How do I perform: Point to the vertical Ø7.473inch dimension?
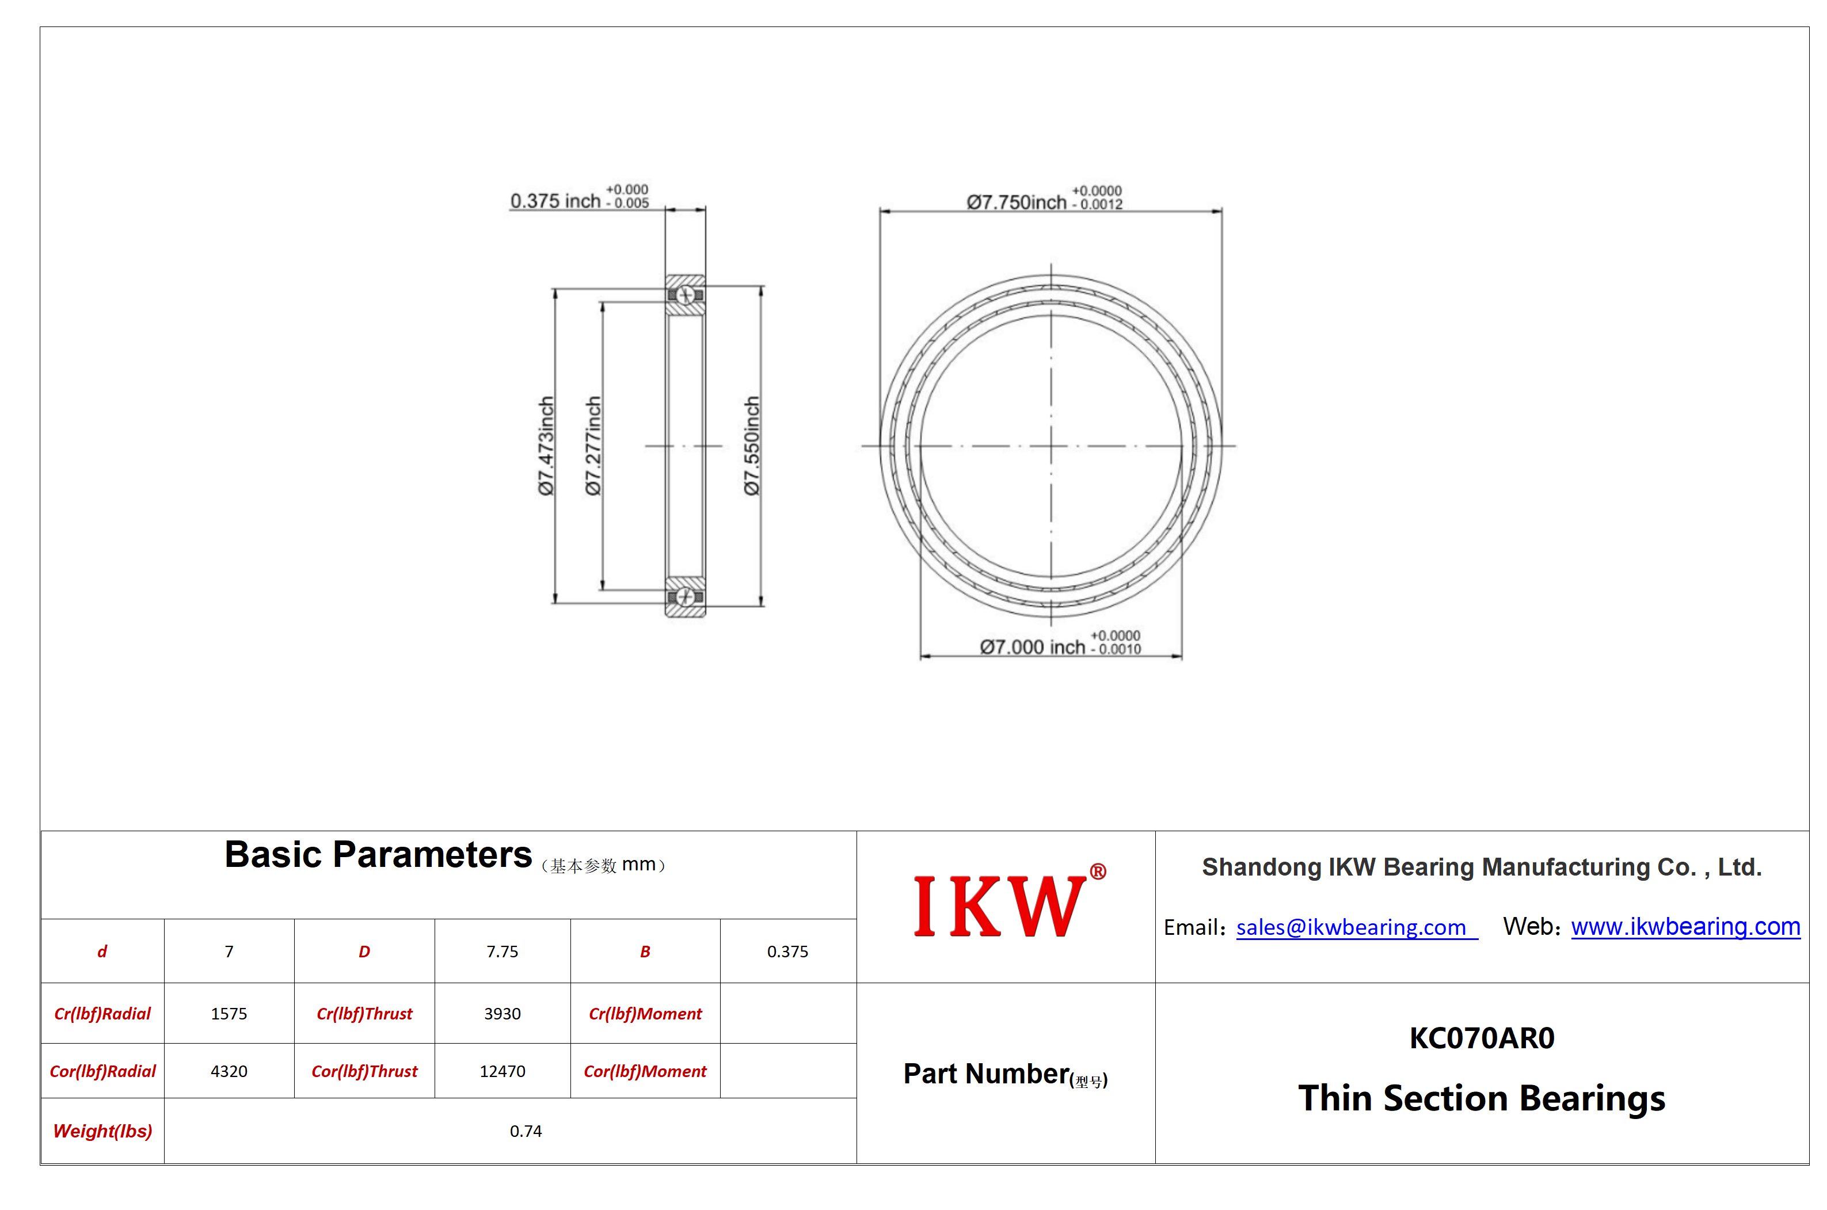point(546,446)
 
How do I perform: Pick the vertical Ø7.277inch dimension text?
point(592,446)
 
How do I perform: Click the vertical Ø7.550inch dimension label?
point(752,446)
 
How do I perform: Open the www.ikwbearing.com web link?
point(1685,926)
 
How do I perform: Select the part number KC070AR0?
point(1482,1038)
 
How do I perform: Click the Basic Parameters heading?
point(378,854)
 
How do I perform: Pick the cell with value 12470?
point(503,1071)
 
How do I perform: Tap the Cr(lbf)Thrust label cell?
point(364,1013)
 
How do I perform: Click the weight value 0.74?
point(526,1131)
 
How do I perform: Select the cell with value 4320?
point(229,1071)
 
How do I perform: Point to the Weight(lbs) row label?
point(102,1131)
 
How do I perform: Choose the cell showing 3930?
point(503,1013)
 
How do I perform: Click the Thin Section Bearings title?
point(1482,1098)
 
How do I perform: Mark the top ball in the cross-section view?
point(685,295)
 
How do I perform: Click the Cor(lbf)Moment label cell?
point(645,1071)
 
